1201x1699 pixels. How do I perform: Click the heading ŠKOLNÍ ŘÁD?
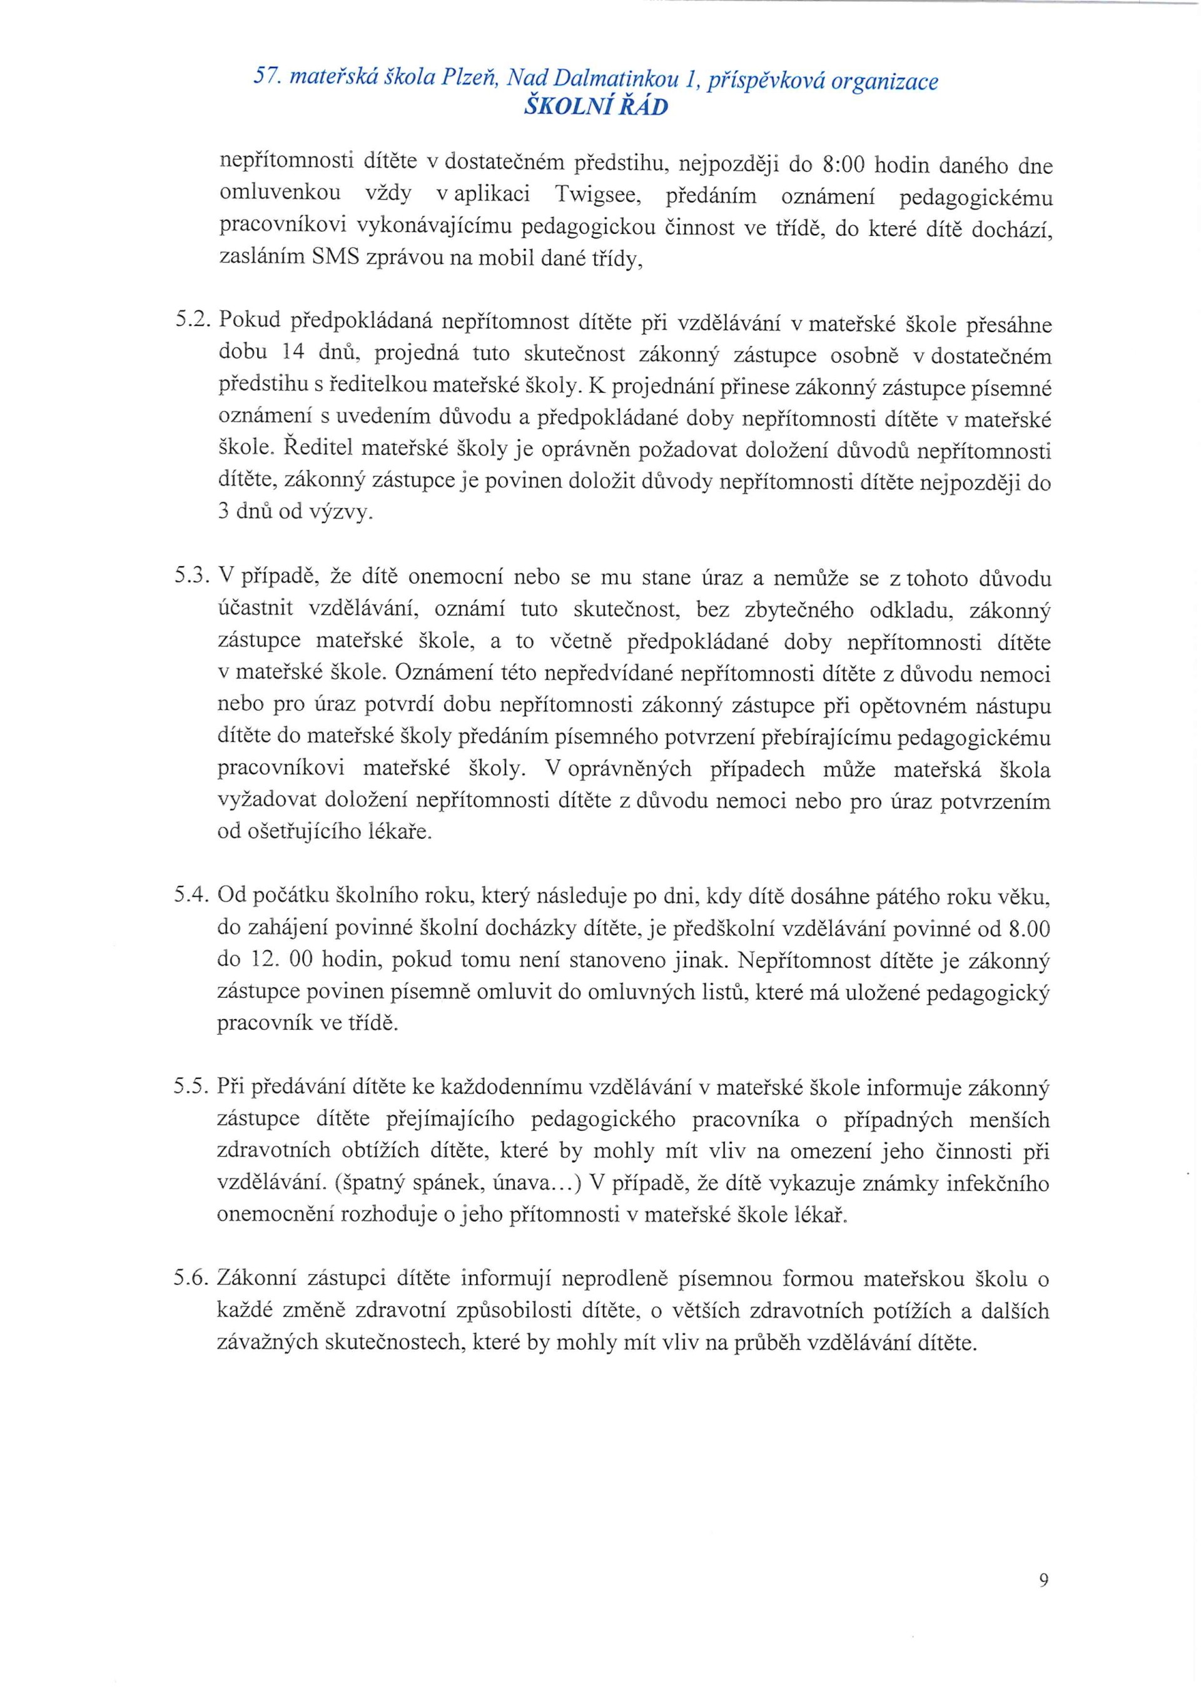pos(595,108)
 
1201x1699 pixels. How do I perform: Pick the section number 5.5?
pos(194,1087)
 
